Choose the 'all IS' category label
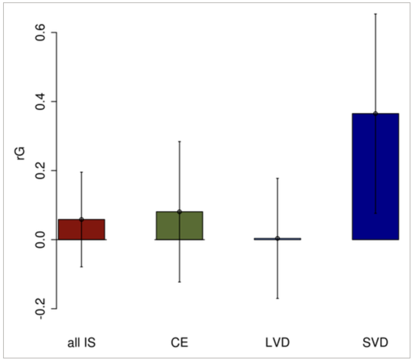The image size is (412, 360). pos(81,343)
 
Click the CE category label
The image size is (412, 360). pos(179,343)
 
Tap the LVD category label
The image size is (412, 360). pos(277,343)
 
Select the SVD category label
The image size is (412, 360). pos(375,343)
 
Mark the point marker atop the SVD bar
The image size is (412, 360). pos(375,113)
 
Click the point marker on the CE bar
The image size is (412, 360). pos(179,212)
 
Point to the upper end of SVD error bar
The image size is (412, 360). pos(375,14)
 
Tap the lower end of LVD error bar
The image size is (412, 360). pos(277,298)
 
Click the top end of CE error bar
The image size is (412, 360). pos(179,142)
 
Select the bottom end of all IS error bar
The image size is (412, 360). pos(81,267)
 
